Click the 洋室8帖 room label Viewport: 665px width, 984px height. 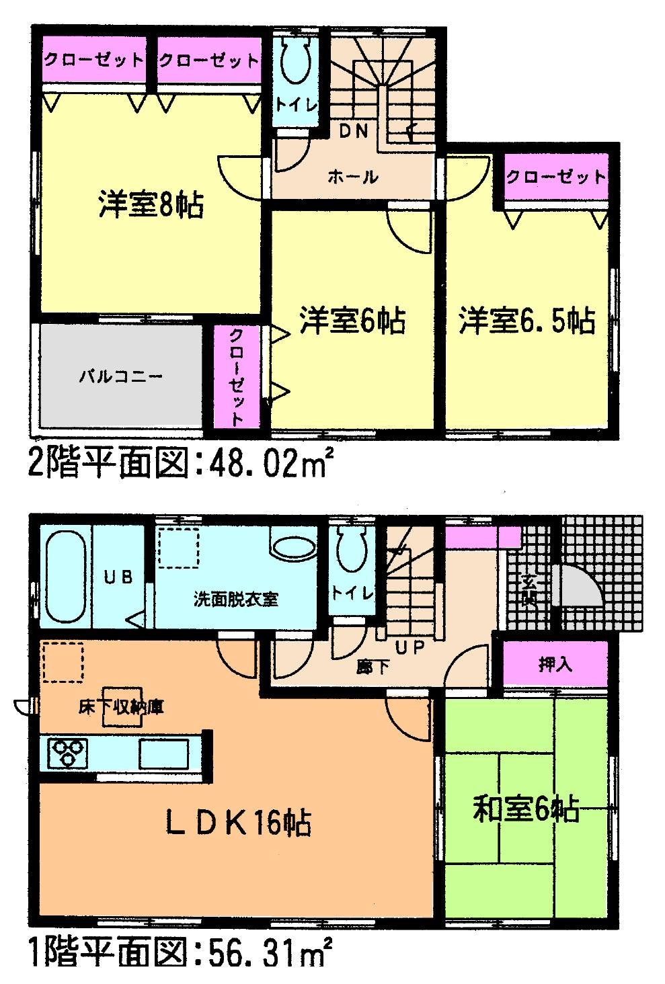tap(151, 204)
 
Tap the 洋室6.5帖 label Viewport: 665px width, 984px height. tap(527, 321)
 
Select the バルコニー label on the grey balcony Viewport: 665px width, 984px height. tap(121, 376)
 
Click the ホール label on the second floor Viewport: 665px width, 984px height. tap(352, 177)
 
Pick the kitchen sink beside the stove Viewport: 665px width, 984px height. tap(163, 753)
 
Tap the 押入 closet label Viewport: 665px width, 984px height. tap(555, 665)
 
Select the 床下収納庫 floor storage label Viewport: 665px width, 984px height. tap(122, 707)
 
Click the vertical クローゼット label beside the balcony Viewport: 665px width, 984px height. tap(237, 376)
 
